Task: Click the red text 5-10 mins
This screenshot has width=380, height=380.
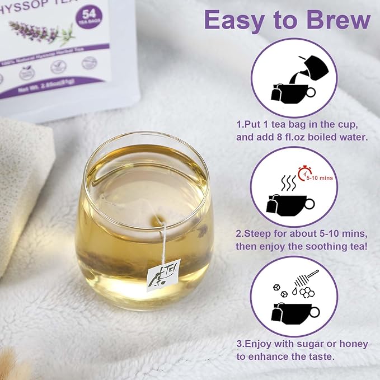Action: point(322,177)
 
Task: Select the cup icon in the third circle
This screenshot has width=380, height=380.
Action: point(296,311)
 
